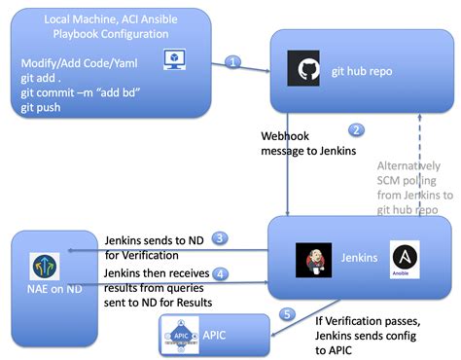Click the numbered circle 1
(x=232, y=61)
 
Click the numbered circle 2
(x=356, y=129)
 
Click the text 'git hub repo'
(x=362, y=71)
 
